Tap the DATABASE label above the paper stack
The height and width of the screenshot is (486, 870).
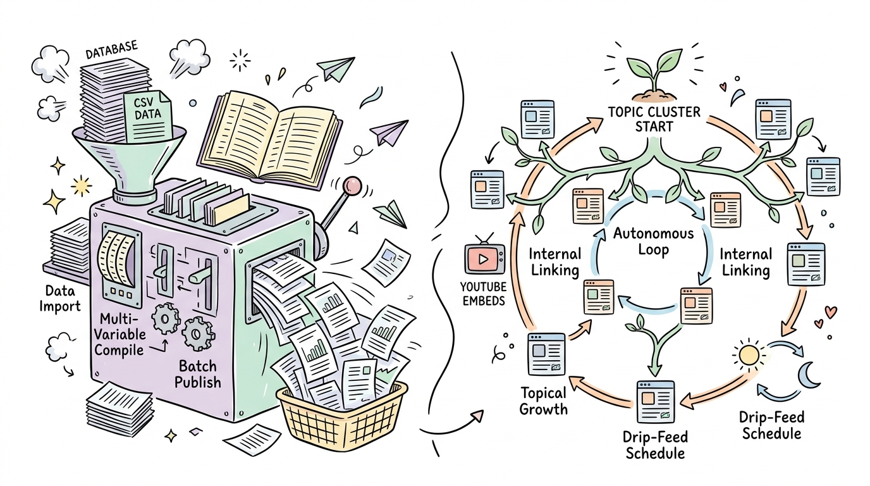click(x=112, y=51)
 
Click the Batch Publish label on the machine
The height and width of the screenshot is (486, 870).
click(x=198, y=374)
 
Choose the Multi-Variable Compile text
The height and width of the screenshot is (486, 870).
click(x=119, y=334)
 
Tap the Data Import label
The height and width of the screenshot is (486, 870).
click(x=60, y=298)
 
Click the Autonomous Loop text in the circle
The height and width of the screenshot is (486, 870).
click(x=654, y=242)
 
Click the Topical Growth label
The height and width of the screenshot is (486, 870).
click(x=543, y=401)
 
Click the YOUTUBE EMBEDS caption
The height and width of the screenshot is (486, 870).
click(x=484, y=294)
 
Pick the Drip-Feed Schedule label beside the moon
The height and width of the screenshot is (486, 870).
click(x=772, y=425)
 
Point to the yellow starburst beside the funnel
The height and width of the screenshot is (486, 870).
click(x=82, y=185)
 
